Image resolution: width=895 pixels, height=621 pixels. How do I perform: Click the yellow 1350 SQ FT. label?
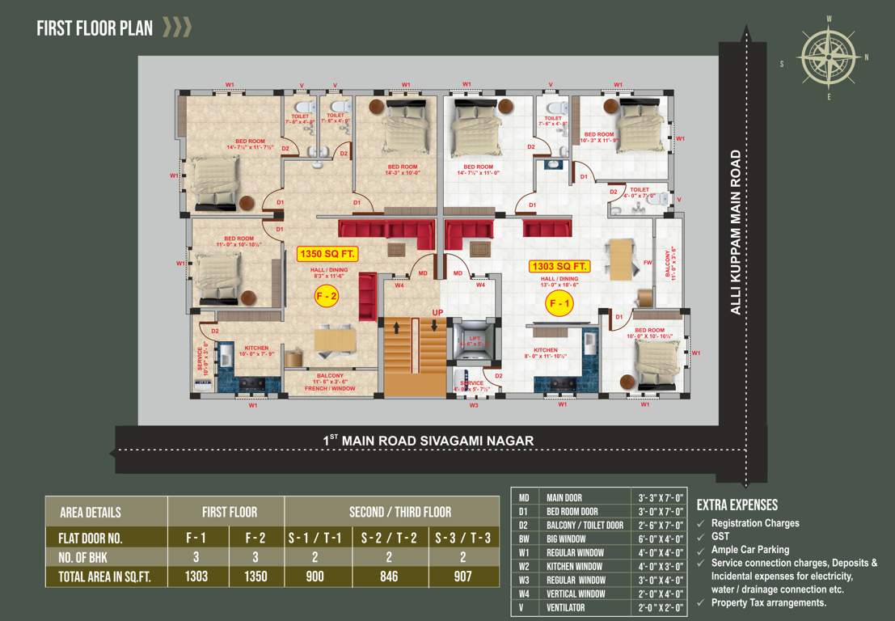[x=328, y=254]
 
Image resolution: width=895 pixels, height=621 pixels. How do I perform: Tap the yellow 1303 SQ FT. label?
[x=559, y=266]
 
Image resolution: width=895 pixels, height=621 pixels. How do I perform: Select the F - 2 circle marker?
[x=327, y=298]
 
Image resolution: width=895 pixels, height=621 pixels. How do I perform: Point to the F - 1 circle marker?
[x=559, y=304]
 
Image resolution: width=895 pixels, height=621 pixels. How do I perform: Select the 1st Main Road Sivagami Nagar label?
[x=429, y=441]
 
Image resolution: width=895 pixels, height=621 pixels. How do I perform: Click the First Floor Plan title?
[x=95, y=29]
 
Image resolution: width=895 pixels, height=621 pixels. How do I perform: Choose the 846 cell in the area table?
[x=389, y=577]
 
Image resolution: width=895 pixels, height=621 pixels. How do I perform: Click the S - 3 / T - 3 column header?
[x=462, y=538]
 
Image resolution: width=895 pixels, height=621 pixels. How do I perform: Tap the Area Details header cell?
[x=91, y=512]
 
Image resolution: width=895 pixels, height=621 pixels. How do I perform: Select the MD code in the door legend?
[x=524, y=497]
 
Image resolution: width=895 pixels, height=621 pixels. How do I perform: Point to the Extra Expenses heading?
[x=737, y=505]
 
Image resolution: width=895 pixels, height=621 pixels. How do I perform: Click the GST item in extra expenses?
[x=720, y=536]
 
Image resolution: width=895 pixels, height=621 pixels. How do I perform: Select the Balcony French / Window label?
[x=330, y=382]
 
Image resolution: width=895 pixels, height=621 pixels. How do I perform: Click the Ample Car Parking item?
[x=750, y=550]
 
